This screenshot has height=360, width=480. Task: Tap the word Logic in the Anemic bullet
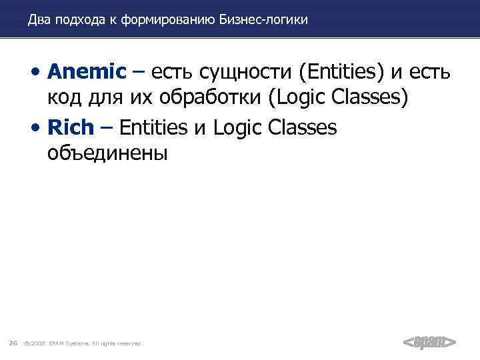click(299, 99)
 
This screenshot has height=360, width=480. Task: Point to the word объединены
click(108, 153)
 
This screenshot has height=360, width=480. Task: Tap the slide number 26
click(13, 343)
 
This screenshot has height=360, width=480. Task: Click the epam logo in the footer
click(430, 342)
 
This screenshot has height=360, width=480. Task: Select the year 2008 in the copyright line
click(37, 343)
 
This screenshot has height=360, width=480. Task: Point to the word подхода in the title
click(83, 20)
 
